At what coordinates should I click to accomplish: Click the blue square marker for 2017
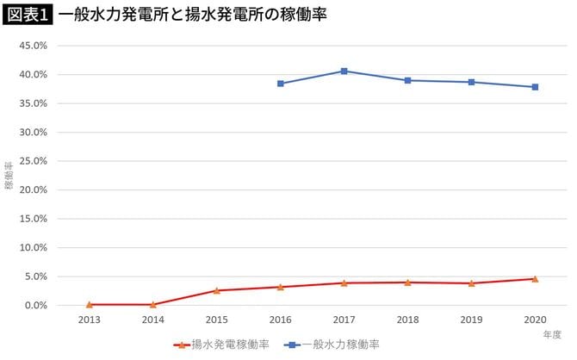click(344, 71)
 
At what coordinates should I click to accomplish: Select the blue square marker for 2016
click(280, 84)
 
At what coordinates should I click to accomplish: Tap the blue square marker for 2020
click(535, 87)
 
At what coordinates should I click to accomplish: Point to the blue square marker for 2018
click(407, 80)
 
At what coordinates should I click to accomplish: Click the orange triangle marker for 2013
click(90, 304)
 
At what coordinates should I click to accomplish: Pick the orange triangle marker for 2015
click(217, 290)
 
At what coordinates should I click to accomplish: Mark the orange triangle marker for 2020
click(535, 279)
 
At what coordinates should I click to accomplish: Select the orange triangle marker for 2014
click(153, 304)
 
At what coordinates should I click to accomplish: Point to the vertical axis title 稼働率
click(9, 176)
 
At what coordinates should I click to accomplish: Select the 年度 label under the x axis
click(551, 332)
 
